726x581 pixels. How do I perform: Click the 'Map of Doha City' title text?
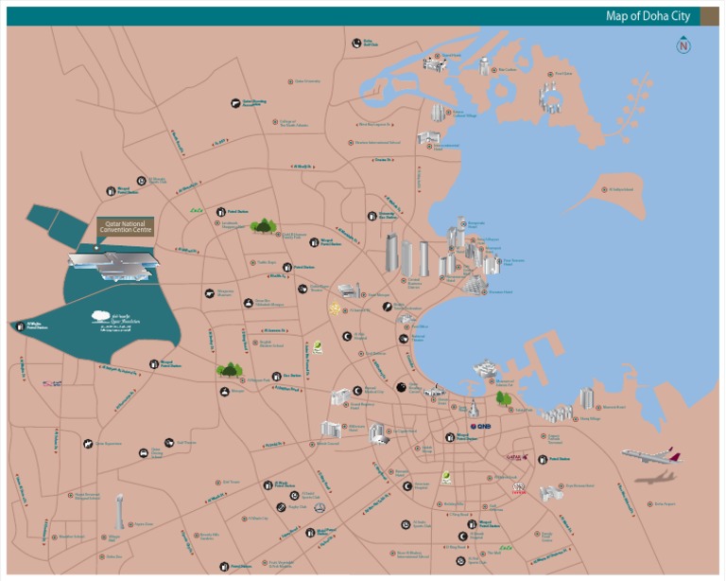(x=648, y=16)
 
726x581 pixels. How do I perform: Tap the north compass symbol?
(x=683, y=45)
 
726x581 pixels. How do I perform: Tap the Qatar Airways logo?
(x=516, y=457)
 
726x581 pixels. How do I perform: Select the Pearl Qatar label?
(x=563, y=73)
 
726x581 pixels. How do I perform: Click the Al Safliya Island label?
(x=620, y=189)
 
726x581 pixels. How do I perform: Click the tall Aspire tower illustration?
(x=119, y=511)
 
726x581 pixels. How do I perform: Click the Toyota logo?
(x=517, y=488)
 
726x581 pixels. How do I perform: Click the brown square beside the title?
(x=708, y=16)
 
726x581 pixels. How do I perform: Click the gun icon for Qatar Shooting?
(x=233, y=102)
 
